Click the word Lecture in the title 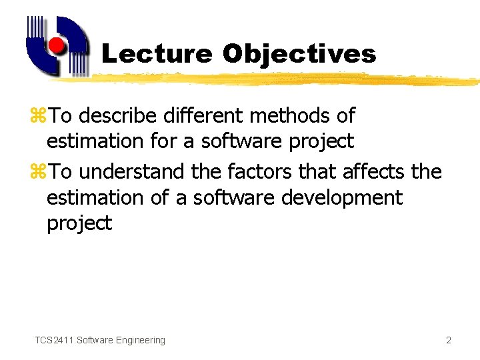pyautogui.click(x=157, y=54)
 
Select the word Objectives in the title pyautogui.click(x=299, y=54)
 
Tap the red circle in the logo pyautogui.click(x=57, y=46)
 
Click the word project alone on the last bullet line pyautogui.click(x=79, y=224)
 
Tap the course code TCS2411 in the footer pyautogui.click(x=55, y=340)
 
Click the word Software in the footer pyautogui.click(x=95, y=340)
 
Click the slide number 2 pyautogui.click(x=449, y=340)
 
